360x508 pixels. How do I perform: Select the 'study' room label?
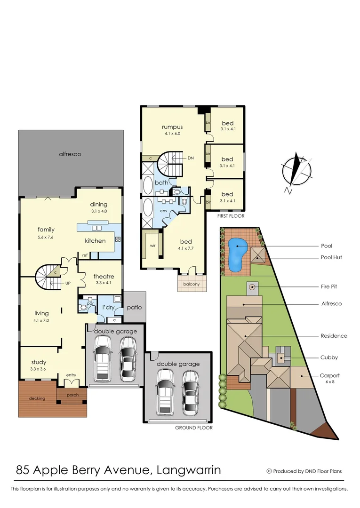pyautogui.click(x=39, y=362)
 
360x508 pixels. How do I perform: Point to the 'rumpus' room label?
pyautogui.click(x=172, y=127)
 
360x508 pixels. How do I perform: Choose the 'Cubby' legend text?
pyautogui.click(x=329, y=357)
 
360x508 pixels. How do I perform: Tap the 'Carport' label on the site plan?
pyautogui.click(x=329, y=376)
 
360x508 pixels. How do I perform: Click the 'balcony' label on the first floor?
pyautogui.click(x=192, y=284)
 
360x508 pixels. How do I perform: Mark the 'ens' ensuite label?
pyautogui.click(x=163, y=211)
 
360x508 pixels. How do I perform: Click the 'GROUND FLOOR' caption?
pyautogui.click(x=193, y=428)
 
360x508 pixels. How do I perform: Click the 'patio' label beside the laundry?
pyautogui.click(x=135, y=308)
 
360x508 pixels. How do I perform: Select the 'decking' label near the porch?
pyautogui.click(x=37, y=398)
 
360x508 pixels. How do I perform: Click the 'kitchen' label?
pyautogui.click(x=95, y=241)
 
